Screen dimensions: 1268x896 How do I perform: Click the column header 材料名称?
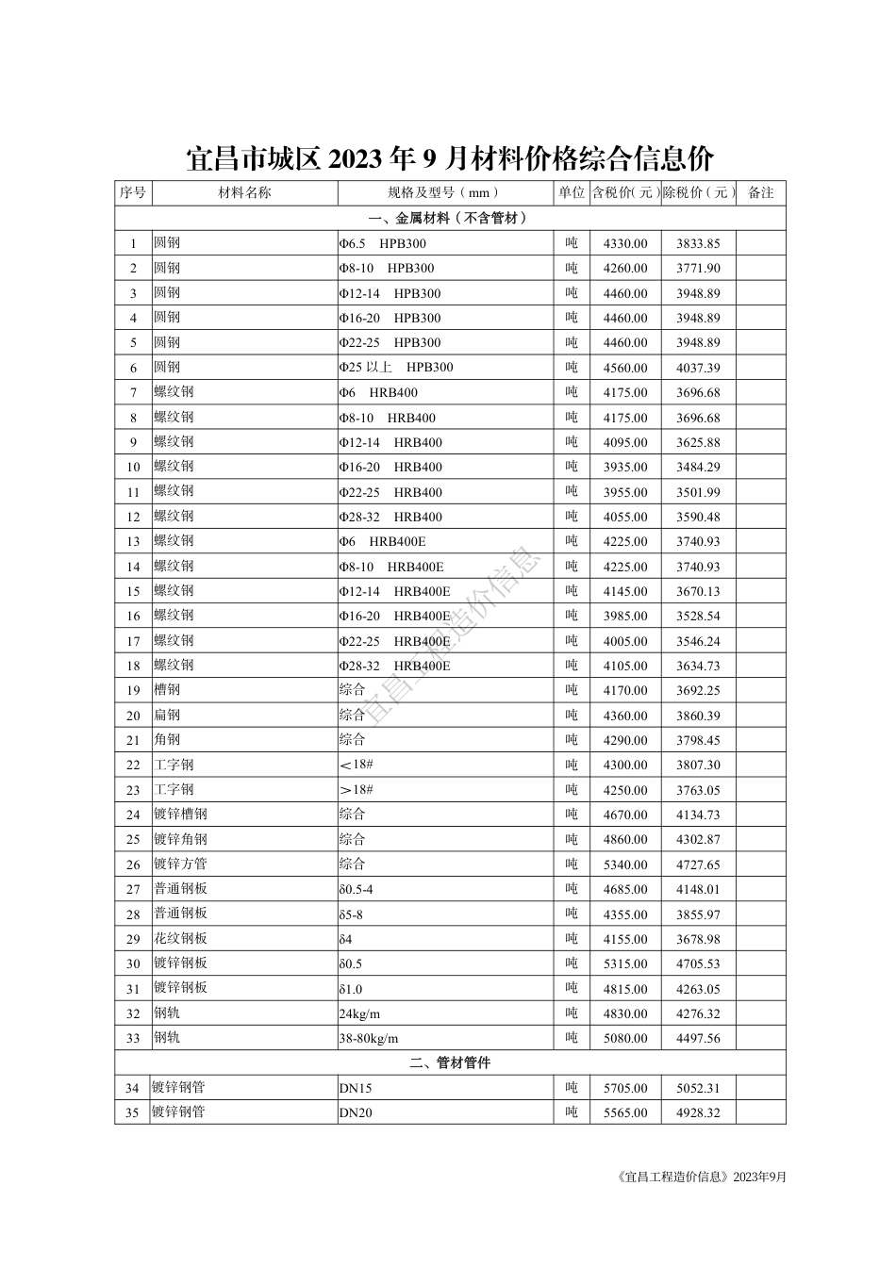244,192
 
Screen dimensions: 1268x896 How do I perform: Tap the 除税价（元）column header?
698,192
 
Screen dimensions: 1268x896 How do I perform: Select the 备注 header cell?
760,192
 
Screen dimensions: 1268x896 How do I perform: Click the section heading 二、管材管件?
450,1062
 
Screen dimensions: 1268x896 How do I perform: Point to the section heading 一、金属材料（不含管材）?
450,218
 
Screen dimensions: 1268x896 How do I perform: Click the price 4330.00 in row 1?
625,243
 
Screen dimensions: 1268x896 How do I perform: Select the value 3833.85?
698,243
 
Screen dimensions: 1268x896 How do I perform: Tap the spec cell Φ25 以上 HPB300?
396,368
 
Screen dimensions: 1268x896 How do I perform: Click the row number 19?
133,691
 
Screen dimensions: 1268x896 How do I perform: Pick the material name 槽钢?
167,690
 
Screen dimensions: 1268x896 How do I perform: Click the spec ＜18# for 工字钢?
357,765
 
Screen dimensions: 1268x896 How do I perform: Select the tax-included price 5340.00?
625,865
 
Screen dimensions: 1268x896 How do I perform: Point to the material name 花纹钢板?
180,938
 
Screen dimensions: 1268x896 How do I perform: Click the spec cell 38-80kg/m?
369,1039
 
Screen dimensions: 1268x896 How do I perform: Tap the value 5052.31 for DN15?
698,1088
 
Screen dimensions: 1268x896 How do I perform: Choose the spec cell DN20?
356,1112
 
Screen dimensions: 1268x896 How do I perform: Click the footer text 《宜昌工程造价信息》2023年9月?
698,1177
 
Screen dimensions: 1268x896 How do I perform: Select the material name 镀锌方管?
180,864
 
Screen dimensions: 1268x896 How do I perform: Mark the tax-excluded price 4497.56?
698,1038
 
